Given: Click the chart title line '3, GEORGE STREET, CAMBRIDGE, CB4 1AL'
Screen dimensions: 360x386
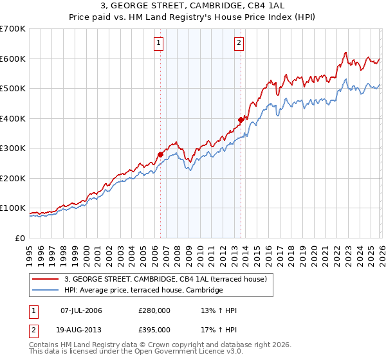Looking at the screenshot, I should [193, 6].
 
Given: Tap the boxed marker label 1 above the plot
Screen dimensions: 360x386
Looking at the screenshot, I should [158, 44].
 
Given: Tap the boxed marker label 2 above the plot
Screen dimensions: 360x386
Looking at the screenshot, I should [239, 44].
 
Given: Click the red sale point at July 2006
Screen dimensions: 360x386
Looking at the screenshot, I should [160, 154].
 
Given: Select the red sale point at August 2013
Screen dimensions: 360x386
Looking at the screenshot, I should [241, 120].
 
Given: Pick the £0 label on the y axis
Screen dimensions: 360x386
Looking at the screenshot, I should [21, 239].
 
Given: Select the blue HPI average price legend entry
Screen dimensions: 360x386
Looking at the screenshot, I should [143, 291].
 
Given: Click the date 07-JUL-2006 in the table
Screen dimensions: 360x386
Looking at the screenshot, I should [80, 310].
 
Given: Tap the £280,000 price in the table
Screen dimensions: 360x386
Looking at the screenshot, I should [154, 310].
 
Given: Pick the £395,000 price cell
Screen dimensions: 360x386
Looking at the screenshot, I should [154, 330].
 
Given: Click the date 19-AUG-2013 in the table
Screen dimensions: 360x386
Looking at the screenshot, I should [80, 330].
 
